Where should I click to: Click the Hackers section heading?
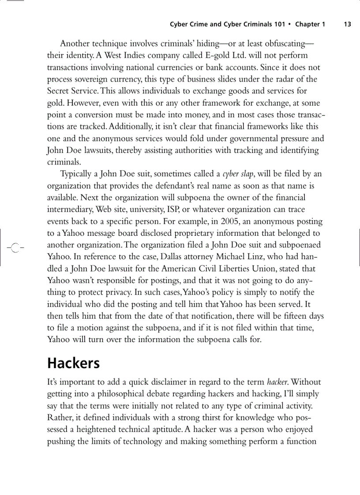pyautogui.click(x=73, y=363)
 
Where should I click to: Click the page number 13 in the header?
pyautogui.click(x=347, y=24)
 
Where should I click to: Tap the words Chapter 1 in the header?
pyautogui.click(x=310, y=24)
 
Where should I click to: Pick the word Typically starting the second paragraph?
pyautogui.click(x=77, y=174)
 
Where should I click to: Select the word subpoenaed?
pyautogui.click(x=299, y=245)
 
